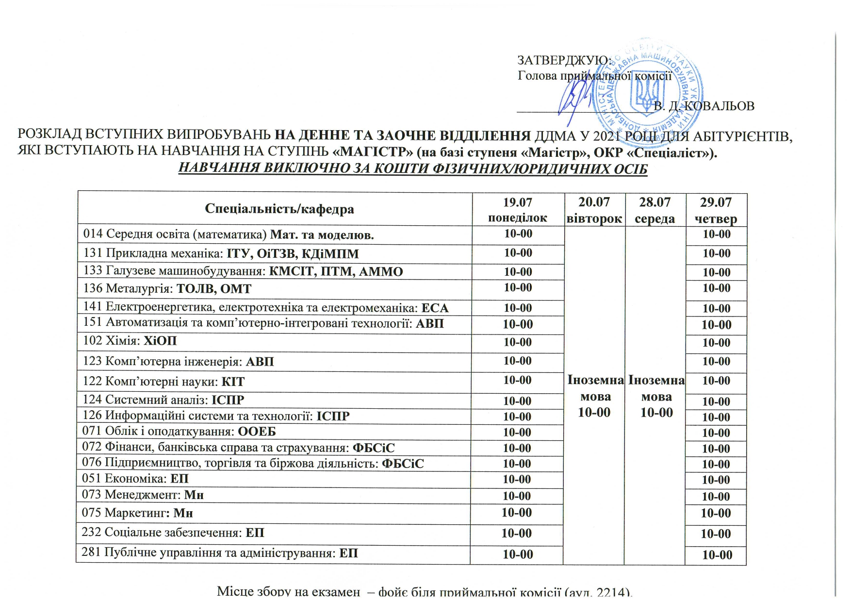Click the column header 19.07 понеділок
pos(518,210)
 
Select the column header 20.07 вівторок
pos(594,210)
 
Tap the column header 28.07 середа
pos(655,210)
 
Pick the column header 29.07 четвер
pos(716,210)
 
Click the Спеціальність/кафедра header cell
pos(279,209)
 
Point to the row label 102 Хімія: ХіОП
pos(130,341)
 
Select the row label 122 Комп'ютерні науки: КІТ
pos(164,382)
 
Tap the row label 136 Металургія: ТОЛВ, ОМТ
pos(167,289)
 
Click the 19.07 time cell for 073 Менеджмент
pos(517,496)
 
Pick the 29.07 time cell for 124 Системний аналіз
pos(716,401)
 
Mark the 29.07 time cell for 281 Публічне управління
pos(717,555)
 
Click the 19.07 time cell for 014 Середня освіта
pos(518,234)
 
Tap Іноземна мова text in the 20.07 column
pos(595,388)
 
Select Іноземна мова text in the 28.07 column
pos(656,388)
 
